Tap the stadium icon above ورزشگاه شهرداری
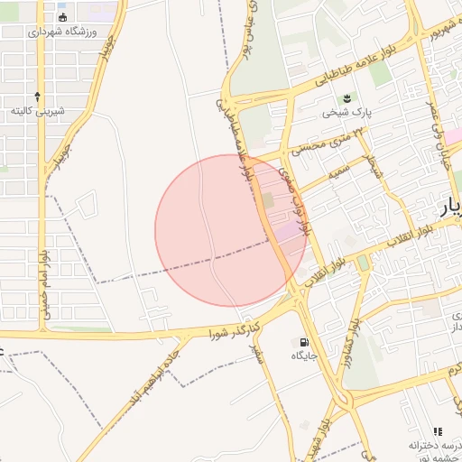[x=62, y=17]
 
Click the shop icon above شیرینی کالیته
[x=37, y=95]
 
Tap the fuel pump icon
[x=302, y=342]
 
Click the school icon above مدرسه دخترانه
[x=439, y=432]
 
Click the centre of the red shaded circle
[x=231, y=231]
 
